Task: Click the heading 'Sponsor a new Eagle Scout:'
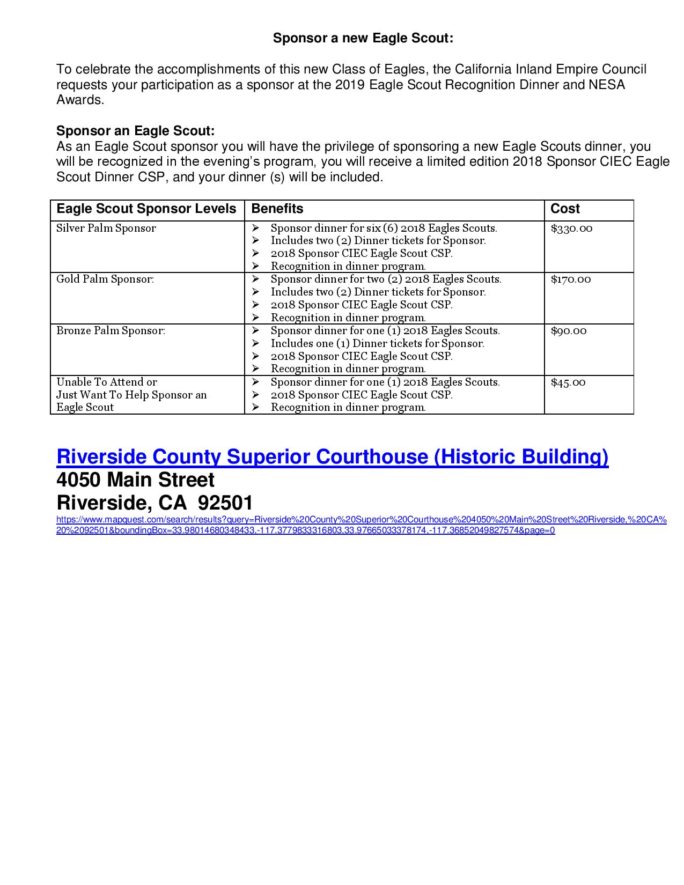tap(363, 38)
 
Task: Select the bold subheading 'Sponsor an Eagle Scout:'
tap(135, 131)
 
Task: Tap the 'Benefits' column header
tap(277, 209)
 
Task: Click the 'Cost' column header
tap(565, 209)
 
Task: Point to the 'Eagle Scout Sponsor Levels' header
tap(146, 209)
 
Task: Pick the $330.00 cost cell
tap(571, 228)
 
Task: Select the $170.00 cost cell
tap(571, 279)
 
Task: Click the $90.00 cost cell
tap(569, 331)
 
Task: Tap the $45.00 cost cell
tap(568, 382)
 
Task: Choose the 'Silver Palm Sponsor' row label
tap(106, 228)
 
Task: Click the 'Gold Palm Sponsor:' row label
tap(105, 279)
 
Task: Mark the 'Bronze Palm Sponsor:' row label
tap(111, 331)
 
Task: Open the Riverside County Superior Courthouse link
tap(332, 456)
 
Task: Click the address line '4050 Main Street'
tap(135, 480)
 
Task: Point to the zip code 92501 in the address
tap(225, 503)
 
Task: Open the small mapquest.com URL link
tap(361, 525)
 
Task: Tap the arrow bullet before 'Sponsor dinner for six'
tap(255, 228)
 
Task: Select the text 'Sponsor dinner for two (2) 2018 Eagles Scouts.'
tap(386, 279)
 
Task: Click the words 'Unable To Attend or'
tap(107, 382)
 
